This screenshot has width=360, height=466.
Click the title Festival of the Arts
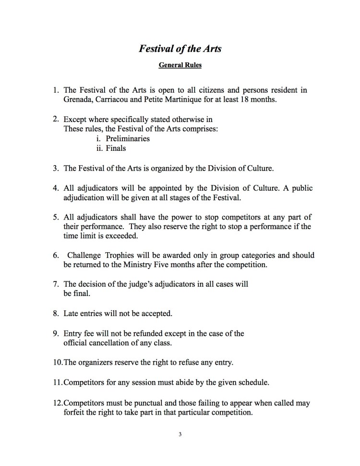pyautogui.click(x=180, y=49)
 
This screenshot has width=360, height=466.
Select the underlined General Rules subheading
pyautogui.click(x=180, y=66)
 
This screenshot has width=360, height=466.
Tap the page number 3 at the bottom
pyautogui.click(x=180, y=435)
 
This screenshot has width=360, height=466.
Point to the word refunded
pyautogui.click(x=144, y=333)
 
